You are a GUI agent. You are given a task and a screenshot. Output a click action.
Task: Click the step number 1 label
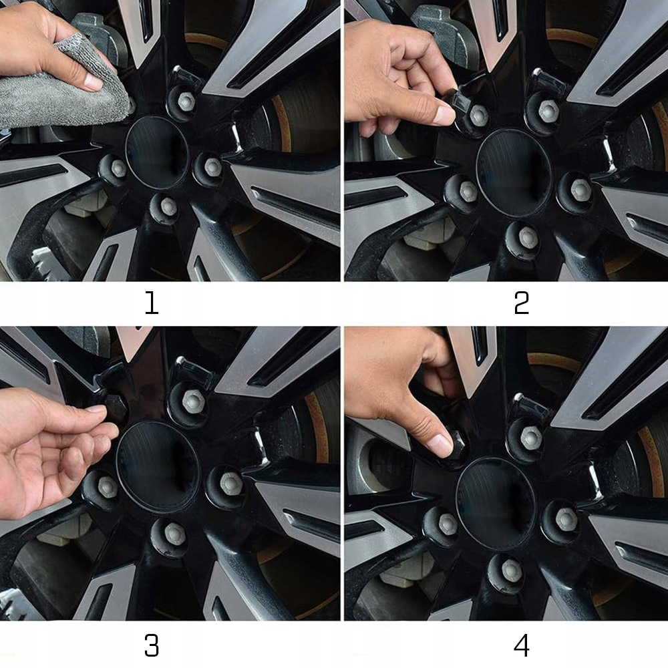[152, 303]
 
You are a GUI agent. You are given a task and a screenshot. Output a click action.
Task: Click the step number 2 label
[522, 303]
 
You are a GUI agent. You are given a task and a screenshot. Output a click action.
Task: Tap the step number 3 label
[152, 645]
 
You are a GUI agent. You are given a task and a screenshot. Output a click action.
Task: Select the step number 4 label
[522, 645]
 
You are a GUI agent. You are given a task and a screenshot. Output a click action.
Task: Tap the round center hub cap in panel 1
[156, 152]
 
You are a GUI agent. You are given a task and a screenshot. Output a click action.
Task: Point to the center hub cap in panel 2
[514, 173]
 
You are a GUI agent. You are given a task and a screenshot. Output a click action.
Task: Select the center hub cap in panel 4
[496, 504]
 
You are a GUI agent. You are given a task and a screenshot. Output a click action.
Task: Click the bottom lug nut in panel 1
[169, 206]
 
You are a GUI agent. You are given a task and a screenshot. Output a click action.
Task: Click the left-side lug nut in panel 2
[468, 192]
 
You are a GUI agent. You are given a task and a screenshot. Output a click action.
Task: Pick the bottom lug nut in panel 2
[528, 237]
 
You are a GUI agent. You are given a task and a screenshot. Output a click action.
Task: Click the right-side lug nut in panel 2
[580, 190]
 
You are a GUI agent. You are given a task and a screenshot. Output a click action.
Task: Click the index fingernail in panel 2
[445, 114]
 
